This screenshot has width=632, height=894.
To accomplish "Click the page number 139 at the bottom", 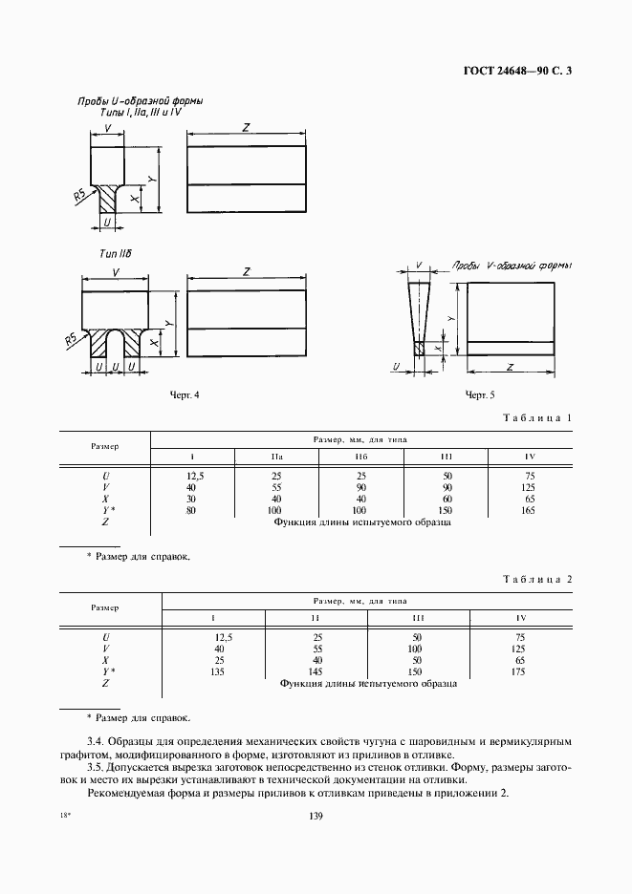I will pyautogui.click(x=316, y=815).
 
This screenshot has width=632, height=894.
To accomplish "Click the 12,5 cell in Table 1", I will pyautogui.click(x=197, y=475).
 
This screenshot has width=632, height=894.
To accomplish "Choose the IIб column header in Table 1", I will pyautogui.click(x=360, y=457).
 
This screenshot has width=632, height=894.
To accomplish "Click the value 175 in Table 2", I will pyautogui.click(x=547, y=671).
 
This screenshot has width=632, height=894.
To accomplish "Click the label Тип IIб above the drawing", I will pyautogui.click(x=116, y=253).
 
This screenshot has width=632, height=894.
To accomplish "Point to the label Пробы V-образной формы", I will pyautogui.click(x=511, y=266).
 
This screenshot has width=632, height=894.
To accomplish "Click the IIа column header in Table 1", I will pyautogui.click(x=277, y=457).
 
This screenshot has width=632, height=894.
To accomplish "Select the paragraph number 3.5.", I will pyautogui.click(x=98, y=767).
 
